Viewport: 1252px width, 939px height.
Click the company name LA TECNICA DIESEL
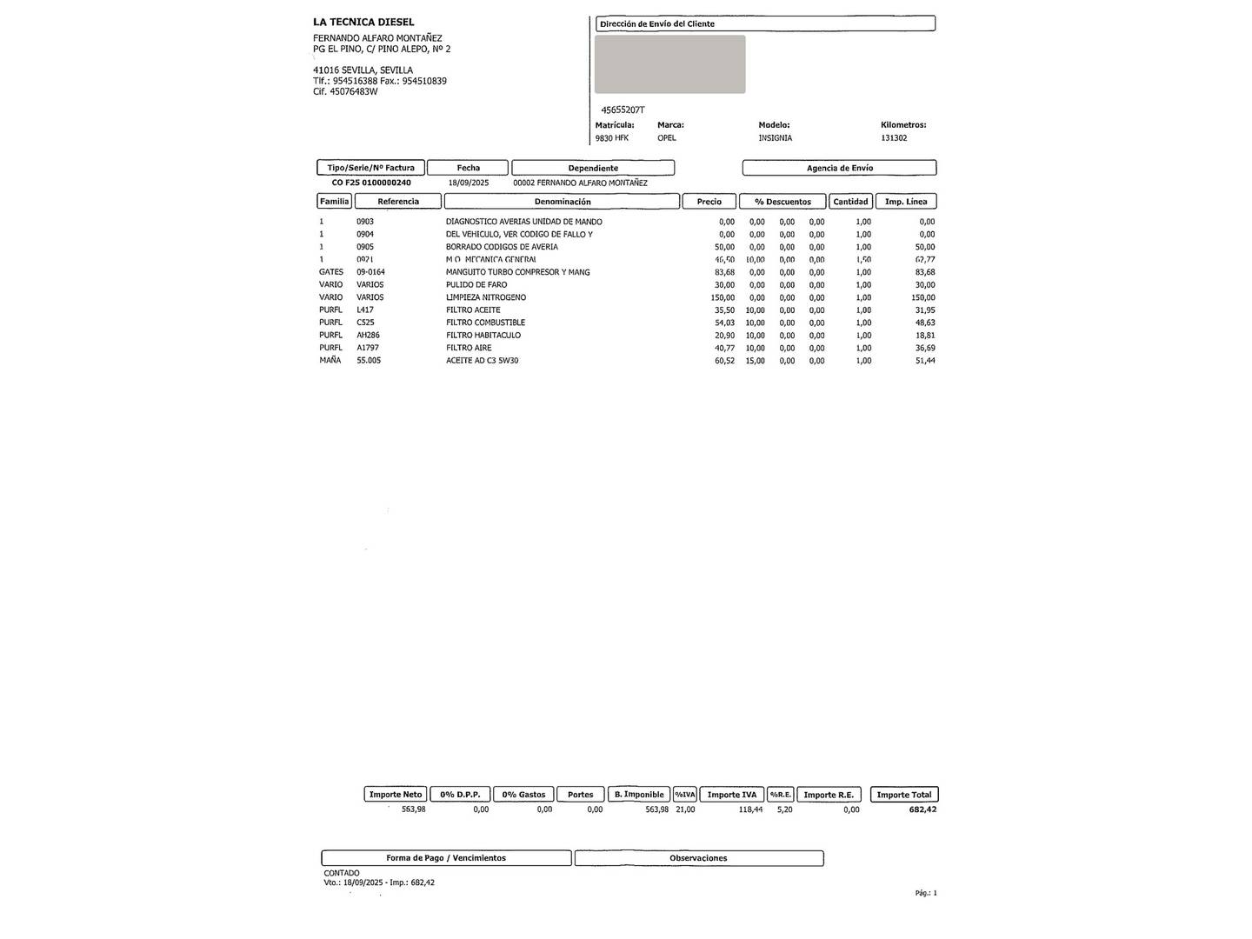pos(363,22)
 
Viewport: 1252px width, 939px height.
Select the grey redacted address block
pos(669,64)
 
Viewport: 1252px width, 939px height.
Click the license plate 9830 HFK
pos(611,138)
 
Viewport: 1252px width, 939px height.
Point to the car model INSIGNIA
pos(775,138)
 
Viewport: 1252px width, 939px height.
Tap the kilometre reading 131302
pos(894,138)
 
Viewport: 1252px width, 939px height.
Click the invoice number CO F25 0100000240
pos(371,183)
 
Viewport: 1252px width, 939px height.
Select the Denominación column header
pos(562,202)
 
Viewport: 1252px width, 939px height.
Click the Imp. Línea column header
pos(905,202)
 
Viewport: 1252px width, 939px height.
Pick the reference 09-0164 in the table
pos(370,272)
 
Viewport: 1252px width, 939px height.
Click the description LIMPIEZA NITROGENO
pos(485,297)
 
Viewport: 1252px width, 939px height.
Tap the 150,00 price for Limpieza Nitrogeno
pos(723,297)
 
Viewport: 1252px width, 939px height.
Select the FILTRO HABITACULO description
pos(483,336)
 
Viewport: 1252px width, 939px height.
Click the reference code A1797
pos(368,348)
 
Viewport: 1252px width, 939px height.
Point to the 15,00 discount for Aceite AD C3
pos(755,361)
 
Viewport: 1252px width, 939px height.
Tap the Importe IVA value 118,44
pos(750,809)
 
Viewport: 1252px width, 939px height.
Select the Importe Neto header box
pos(395,795)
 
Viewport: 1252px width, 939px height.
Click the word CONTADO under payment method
pos(342,873)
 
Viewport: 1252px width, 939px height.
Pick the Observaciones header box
pos(698,858)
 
